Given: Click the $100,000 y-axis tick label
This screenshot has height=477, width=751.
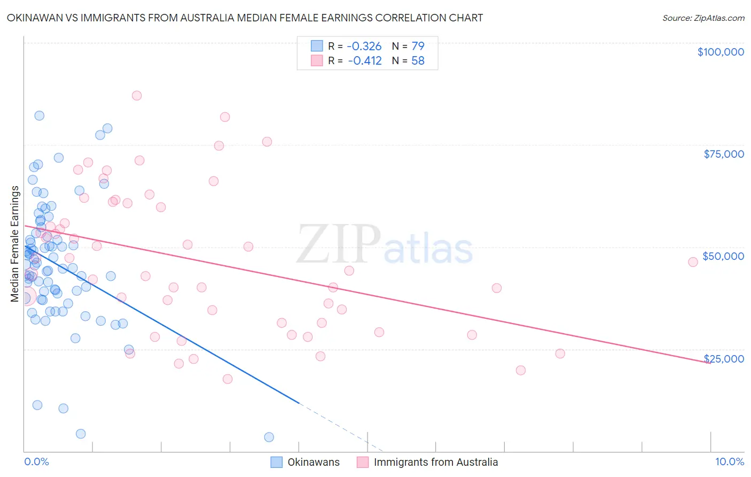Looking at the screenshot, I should [x=721, y=52].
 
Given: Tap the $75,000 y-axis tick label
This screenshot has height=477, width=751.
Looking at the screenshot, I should [x=724, y=154].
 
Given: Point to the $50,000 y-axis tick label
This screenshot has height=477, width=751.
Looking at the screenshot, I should [x=723, y=256].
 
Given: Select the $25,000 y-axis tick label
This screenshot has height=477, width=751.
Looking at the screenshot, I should [x=724, y=358].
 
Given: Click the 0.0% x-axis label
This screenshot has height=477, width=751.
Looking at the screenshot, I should [x=36, y=461].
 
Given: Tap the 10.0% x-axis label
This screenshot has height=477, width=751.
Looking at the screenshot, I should [x=729, y=461].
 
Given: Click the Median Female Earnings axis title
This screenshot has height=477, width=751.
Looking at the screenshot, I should [x=15, y=244].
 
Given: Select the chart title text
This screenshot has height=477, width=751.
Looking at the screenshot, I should [x=245, y=18].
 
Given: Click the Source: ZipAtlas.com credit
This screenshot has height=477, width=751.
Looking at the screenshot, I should [x=703, y=18].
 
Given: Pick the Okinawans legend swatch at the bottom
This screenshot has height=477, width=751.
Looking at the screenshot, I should [x=276, y=462].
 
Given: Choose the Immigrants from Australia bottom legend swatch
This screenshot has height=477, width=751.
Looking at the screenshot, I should [x=363, y=462].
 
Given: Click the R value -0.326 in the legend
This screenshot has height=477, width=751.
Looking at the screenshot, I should [x=364, y=47].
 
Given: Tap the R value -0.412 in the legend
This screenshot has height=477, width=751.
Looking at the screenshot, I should [x=364, y=61].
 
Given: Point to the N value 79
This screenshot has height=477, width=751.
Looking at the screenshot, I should [x=418, y=47].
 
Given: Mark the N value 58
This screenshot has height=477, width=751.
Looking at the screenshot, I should [x=418, y=61].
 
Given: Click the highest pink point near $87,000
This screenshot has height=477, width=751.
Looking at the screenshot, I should [x=137, y=96].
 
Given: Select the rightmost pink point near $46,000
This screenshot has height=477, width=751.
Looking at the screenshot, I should [x=693, y=262].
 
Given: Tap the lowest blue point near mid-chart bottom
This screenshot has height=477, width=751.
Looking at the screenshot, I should [x=269, y=437].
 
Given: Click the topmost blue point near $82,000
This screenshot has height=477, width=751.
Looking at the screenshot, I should [x=39, y=116].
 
